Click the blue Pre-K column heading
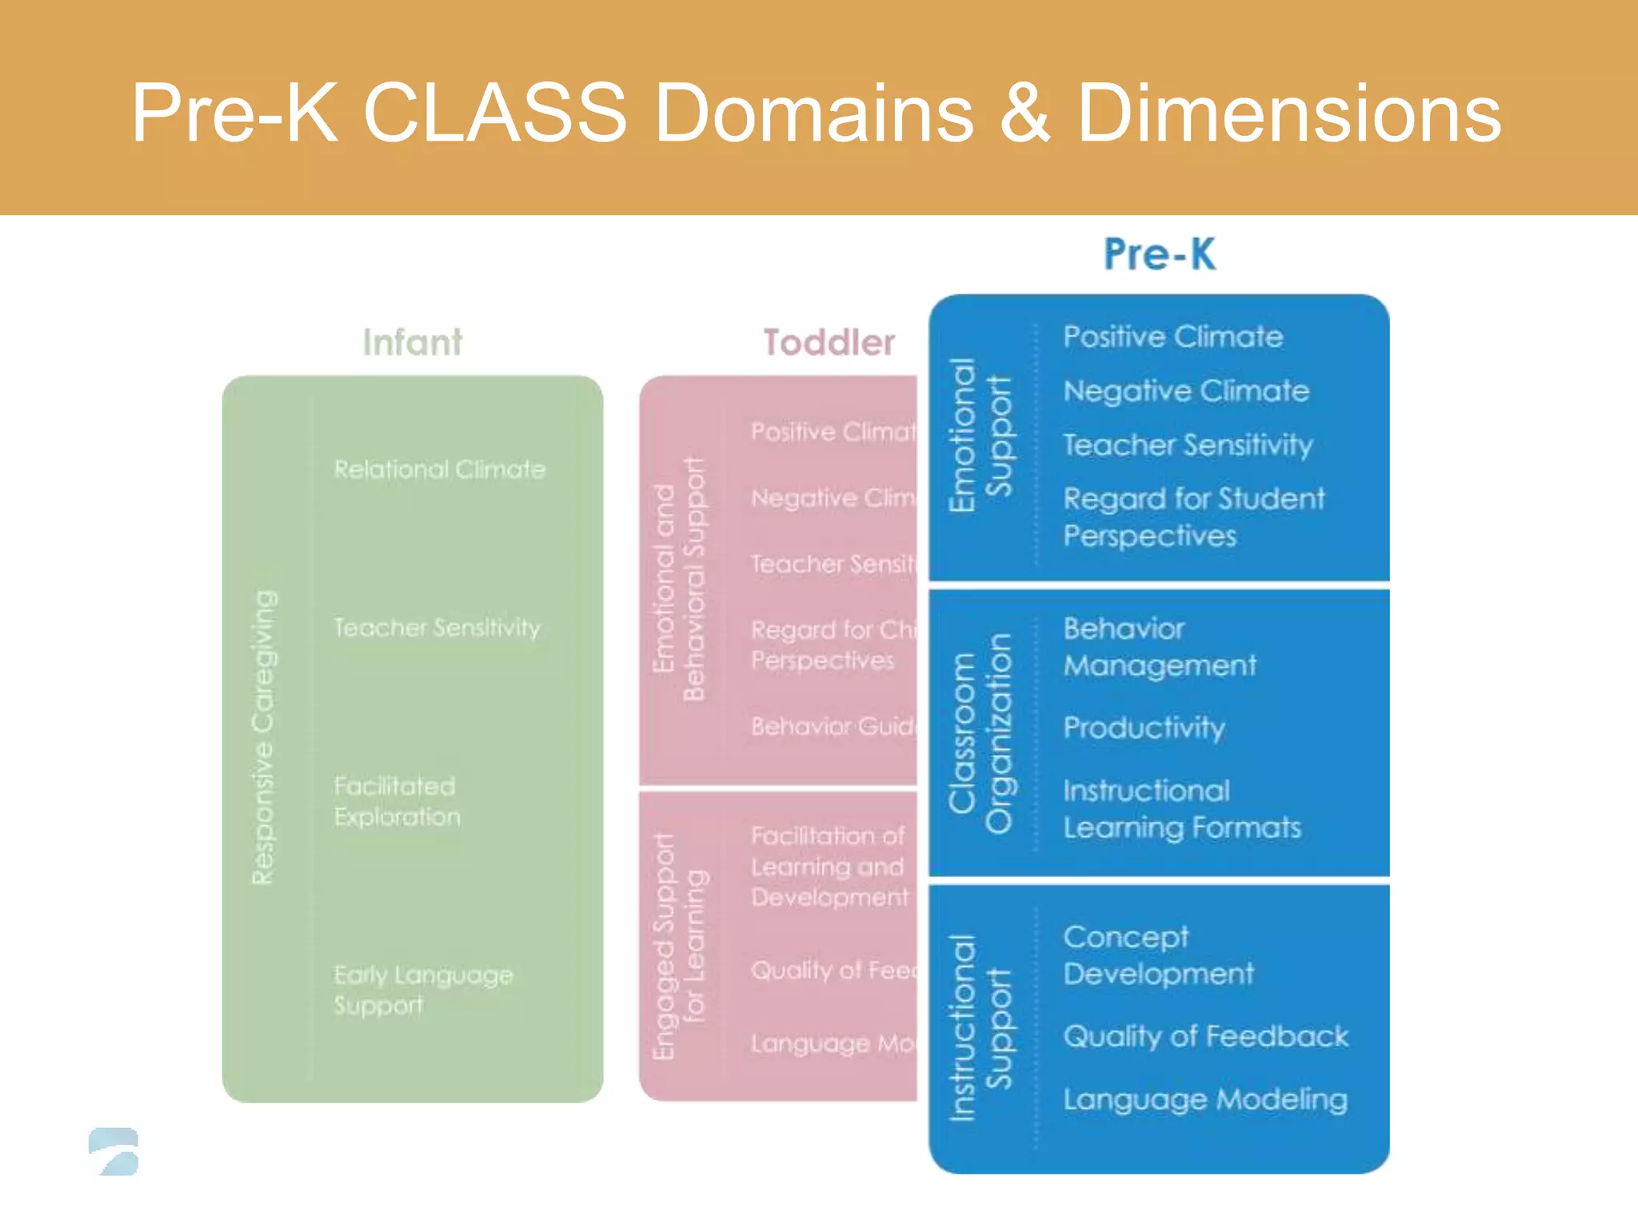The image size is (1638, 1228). pos(1159,254)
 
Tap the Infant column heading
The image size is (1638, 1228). pos(412,342)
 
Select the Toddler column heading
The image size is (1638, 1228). pos(829,342)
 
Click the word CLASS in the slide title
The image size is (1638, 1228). pos(493,114)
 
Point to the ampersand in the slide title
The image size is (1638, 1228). pos(1025,114)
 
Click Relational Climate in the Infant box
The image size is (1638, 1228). pos(440,469)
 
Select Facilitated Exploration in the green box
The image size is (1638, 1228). pos(397,801)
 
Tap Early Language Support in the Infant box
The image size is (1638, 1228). pos(422,990)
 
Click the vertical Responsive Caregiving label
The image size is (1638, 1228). pos(264,737)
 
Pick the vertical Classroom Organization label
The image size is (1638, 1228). pos(980,733)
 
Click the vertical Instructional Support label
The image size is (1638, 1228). pos(980,1027)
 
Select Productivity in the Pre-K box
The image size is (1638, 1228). pos(1144,728)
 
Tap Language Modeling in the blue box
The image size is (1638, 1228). pos(1205,1099)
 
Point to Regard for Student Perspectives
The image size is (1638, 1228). pos(1193,516)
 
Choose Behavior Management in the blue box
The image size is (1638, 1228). pos(1159,647)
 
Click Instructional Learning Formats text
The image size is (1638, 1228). pos(1181,809)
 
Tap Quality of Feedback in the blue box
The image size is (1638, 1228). pos(1205,1036)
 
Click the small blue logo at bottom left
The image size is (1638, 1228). pos(114,1151)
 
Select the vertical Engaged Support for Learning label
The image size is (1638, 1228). pos(679,946)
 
